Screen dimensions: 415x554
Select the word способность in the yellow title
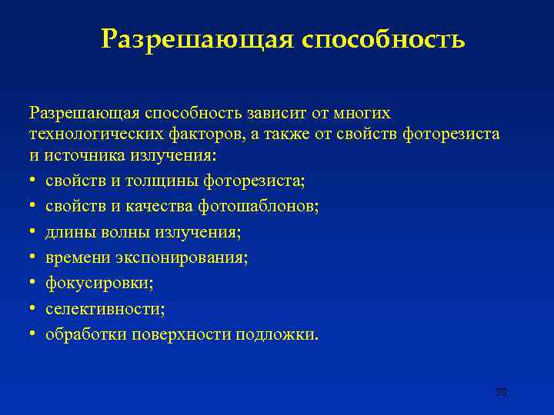383,38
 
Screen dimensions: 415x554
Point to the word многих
363,114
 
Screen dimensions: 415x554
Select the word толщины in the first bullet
169,181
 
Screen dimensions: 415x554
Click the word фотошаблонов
258,207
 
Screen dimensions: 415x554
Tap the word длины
66,232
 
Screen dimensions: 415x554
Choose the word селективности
105,308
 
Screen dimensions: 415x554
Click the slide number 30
502,393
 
